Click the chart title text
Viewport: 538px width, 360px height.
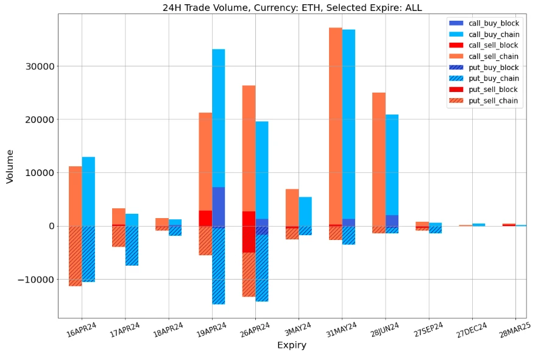tap(292, 8)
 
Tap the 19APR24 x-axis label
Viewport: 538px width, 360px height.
tap(211, 333)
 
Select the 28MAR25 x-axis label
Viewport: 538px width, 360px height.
tap(514, 333)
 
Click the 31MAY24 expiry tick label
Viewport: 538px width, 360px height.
tap(341, 333)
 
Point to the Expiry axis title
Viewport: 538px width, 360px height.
tap(292, 345)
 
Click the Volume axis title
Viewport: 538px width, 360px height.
tap(10, 167)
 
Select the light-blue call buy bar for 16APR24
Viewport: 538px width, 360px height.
tap(88, 191)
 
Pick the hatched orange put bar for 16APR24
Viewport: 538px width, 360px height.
tap(75, 256)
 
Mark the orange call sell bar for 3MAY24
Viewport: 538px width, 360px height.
tap(292, 207)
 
